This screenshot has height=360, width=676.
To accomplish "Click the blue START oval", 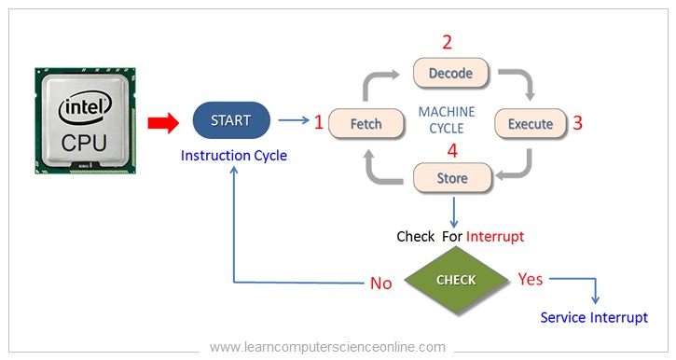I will click(231, 120).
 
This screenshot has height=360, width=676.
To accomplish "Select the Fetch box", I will click(366, 123).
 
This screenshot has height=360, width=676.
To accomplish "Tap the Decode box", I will click(450, 73).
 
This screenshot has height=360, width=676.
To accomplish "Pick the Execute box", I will click(530, 123).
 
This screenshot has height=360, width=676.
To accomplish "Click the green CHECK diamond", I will click(456, 280).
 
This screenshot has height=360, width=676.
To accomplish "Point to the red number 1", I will click(319, 122).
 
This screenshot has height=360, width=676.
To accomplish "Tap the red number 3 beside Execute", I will click(577, 122).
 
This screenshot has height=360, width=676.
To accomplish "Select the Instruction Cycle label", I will click(234, 156).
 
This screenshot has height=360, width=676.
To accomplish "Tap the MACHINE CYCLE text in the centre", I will click(446, 119).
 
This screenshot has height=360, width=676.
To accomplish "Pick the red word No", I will click(381, 284).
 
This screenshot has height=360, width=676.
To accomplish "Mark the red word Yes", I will click(531, 279).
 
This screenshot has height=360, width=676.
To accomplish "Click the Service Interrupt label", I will click(594, 318).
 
